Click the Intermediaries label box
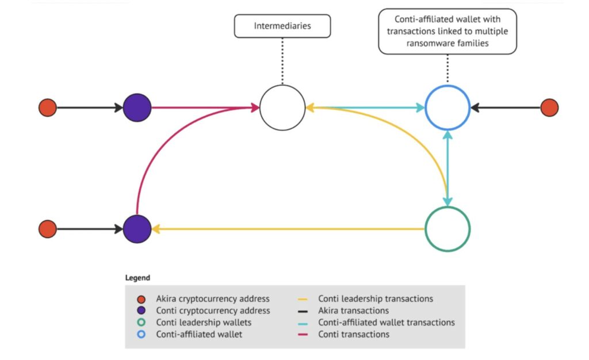pyautogui.click(x=282, y=26)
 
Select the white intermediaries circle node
pyautogui.click(x=282, y=108)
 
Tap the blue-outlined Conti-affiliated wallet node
pyautogui.click(x=448, y=108)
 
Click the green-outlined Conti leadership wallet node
pyautogui.click(x=448, y=229)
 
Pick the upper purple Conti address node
pyautogui.click(x=137, y=108)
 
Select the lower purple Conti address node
pyautogui.click(x=137, y=229)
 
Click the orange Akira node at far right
pyautogui.click(x=549, y=108)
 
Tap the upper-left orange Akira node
pyautogui.click(x=47, y=108)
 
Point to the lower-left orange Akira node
pyautogui.click(x=47, y=229)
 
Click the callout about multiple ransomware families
pyautogui.click(x=448, y=31)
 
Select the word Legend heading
pyautogui.click(x=137, y=278)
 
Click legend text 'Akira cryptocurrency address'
pyautogui.click(x=212, y=299)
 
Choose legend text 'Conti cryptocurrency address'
pyautogui.click(x=212, y=311)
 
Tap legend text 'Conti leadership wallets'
pyautogui.click(x=204, y=323)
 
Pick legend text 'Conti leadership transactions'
pyautogui.click(x=375, y=299)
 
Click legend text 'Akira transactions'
pyautogui.click(x=353, y=311)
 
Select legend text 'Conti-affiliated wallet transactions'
pyautogui.click(x=386, y=323)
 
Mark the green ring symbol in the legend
pyautogui.click(x=141, y=323)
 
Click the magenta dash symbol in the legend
pyautogui.click(x=304, y=335)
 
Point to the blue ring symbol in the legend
pyautogui.click(x=141, y=335)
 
